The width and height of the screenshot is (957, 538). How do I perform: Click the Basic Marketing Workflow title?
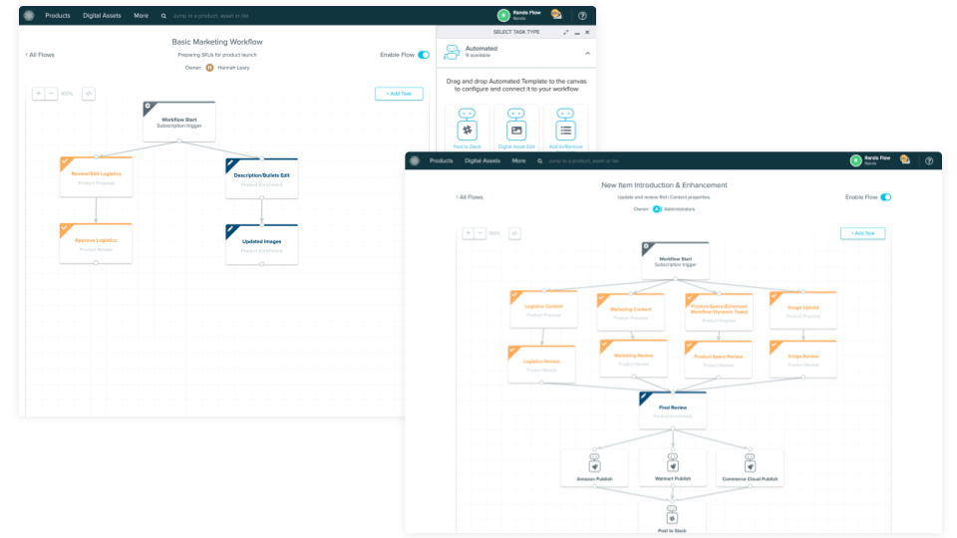(217, 42)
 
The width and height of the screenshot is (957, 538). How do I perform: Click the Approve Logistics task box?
(96, 244)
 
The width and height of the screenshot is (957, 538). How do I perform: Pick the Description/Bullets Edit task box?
(261, 179)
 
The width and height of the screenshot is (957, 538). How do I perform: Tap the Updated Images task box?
(261, 245)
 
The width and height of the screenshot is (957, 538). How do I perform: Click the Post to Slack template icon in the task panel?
(467, 130)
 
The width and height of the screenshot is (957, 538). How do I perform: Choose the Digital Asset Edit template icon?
(516, 130)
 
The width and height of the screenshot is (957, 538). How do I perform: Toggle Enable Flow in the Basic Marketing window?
(424, 55)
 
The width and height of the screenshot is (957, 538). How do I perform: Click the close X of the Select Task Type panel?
(587, 32)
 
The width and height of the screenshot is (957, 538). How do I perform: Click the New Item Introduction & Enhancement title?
(664, 185)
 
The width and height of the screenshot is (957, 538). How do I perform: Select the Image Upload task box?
(803, 311)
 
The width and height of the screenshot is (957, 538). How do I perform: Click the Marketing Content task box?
(630, 312)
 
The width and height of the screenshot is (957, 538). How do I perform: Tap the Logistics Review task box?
(542, 365)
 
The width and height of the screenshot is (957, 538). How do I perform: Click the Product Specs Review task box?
(717, 360)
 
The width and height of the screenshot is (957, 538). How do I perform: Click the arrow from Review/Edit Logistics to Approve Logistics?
(96, 210)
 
